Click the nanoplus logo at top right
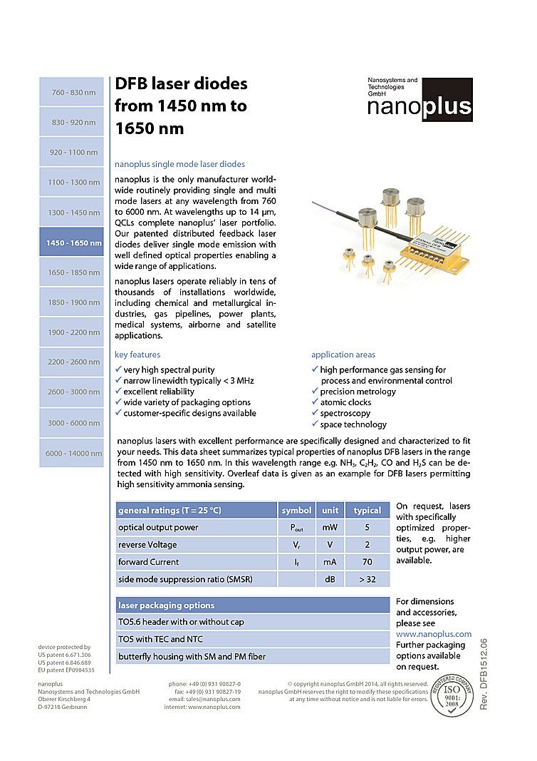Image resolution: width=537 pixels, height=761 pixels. (419, 100)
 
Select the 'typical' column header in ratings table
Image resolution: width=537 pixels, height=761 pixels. (367, 510)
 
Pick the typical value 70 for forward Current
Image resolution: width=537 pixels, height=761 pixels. (367, 562)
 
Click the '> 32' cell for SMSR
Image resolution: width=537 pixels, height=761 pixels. (367, 579)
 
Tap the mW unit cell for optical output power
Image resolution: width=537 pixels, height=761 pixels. (330, 528)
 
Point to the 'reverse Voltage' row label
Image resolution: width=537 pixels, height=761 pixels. (147, 545)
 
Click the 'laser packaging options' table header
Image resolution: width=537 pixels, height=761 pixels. (166, 606)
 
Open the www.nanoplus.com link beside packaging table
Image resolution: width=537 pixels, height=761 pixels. (433, 633)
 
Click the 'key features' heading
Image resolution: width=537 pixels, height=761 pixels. (137, 354)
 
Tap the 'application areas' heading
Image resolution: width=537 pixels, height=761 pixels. (343, 354)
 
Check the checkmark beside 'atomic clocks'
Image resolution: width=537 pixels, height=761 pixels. (315, 402)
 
